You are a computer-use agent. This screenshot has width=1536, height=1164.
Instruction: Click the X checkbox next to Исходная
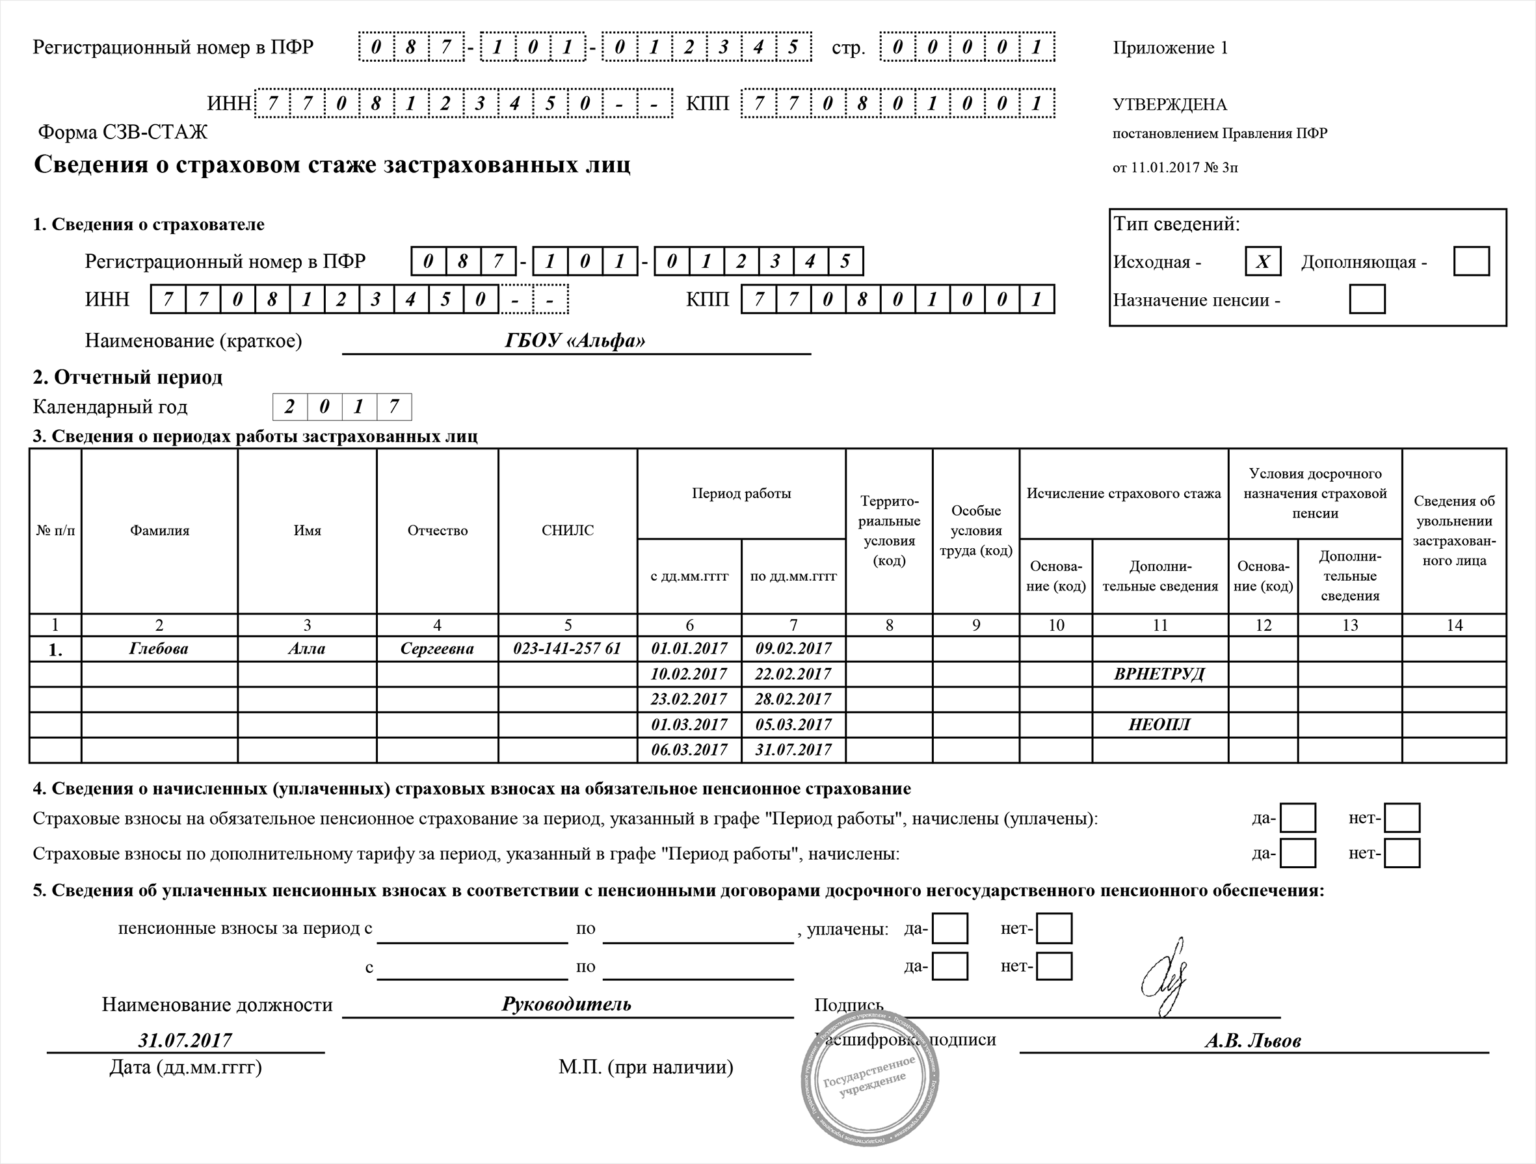[1262, 261]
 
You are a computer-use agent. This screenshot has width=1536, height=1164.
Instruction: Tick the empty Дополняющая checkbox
[1471, 261]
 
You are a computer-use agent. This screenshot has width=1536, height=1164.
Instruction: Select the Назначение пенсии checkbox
[1366, 299]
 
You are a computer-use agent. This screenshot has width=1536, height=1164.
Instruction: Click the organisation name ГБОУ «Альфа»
[575, 341]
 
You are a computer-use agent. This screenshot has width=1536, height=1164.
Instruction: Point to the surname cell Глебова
[159, 649]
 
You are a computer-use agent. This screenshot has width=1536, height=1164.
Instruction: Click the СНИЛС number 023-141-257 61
[567, 649]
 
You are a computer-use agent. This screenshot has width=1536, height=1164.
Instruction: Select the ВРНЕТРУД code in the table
[1159, 674]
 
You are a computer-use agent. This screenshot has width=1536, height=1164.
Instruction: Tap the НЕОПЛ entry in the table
[1159, 724]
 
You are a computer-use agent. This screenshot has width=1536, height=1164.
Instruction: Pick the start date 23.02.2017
[689, 699]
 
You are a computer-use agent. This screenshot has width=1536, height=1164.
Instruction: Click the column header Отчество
[438, 531]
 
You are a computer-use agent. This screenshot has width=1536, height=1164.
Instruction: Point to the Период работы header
[741, 494]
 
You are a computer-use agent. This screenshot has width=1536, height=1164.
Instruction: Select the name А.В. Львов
[1252, 1040]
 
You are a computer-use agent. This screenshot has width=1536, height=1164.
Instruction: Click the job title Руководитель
[566, 1004]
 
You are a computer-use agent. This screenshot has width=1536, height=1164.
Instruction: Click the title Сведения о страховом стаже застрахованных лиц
[332, 165]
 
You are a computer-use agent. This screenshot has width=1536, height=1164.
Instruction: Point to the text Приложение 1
[1170, 48]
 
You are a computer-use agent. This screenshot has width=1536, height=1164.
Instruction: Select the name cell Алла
[307, 649]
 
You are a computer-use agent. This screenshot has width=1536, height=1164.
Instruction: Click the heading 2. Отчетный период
[129, 378]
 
